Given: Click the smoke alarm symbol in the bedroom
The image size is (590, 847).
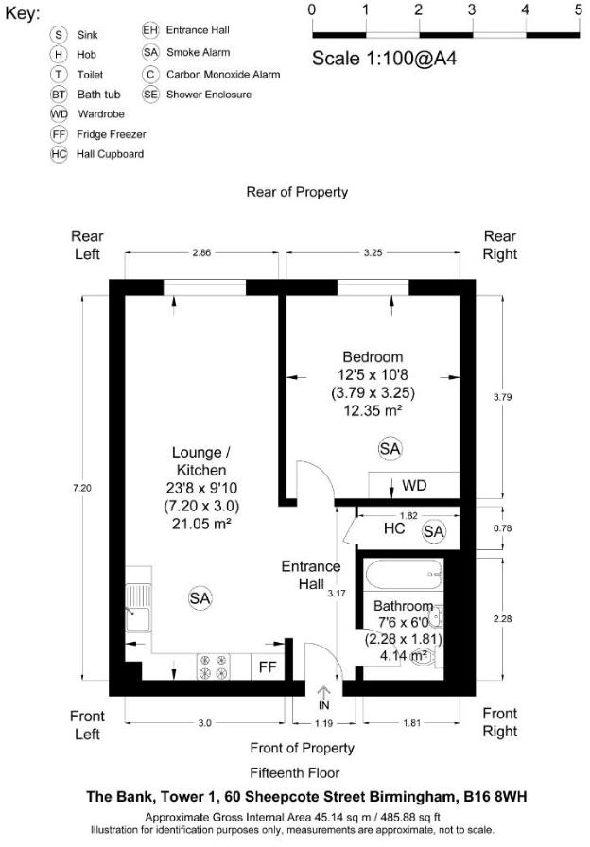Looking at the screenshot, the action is coord(390,449).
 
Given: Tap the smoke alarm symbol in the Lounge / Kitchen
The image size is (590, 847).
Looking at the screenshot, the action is coord(200,598).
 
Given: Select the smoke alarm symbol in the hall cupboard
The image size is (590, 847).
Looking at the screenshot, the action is coord(433,531).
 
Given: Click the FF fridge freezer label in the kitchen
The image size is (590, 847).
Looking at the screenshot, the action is coord(268,667).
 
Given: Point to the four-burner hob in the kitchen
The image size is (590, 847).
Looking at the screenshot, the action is coord(213,666).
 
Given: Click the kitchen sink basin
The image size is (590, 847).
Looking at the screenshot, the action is coord(138,619).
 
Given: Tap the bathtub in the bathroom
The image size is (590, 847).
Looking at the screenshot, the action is coord(404,574).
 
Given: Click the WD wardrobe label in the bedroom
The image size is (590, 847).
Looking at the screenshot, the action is coord(414,485).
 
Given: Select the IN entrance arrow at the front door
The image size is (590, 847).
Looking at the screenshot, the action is coord(323,697).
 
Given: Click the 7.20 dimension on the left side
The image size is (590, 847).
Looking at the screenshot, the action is coord(82,488).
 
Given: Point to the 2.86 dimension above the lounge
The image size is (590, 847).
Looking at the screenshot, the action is coord(201,252).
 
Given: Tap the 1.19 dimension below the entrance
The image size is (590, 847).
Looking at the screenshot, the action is coord(323,723).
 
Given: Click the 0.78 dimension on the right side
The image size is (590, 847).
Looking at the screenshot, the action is coord(502,528).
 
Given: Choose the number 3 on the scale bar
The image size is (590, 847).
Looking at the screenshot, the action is coord(472,9).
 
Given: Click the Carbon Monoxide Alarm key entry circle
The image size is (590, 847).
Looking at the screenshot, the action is coord(150,74).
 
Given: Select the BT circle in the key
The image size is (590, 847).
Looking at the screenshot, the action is coord(59,95).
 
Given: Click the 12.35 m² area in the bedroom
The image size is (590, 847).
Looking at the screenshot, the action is coord(373,410).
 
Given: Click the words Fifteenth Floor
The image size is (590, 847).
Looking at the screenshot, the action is coord(295,773).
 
